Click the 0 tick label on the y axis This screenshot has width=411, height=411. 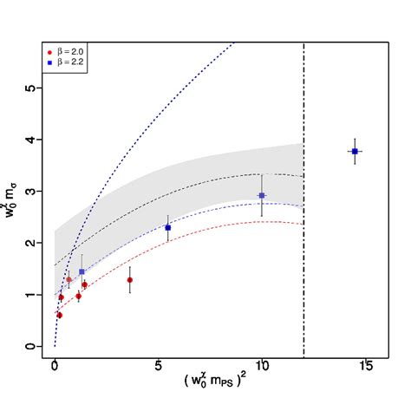click(x=29, y=347)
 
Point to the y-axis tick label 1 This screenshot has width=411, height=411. click(x=29, y=295)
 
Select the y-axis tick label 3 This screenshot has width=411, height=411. click(x=29, y=192)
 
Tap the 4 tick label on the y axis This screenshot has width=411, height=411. click(x=29, y=140)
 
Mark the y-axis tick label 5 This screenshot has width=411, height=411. click(x=29, y=88)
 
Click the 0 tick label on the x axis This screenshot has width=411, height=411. click(x=55, y=366)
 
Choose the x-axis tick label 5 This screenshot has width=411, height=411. click(x=158, y=366)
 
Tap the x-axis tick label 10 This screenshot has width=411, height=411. click(x=261, y=366)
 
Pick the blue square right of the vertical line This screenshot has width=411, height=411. click(x=355, y=152)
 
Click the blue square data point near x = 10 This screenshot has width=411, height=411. click(x=262, y=196)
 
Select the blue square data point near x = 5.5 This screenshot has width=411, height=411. click(x=167, y=227)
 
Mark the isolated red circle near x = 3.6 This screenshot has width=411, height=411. click(x=129, y=280)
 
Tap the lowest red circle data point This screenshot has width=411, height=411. click(x=59, y=315)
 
